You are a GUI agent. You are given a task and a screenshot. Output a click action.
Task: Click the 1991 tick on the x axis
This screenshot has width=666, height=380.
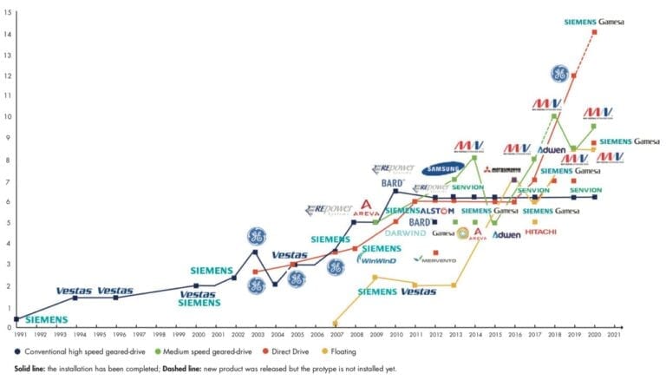click(x=16, y=334)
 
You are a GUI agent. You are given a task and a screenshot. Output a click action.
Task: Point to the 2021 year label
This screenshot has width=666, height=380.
click(x=614, y=334)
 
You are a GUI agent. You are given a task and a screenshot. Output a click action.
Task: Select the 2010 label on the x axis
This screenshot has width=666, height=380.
click(x=395, y=334)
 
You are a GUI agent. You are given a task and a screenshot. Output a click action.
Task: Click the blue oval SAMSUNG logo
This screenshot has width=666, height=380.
click(x=442, y=169)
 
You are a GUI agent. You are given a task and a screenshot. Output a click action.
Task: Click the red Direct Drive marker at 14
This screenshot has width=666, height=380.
click(x=594, y=32)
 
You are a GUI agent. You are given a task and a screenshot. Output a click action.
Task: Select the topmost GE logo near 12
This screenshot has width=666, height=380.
click(x=559, y=73)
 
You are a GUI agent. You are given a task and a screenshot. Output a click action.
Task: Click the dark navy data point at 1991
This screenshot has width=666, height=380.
click(x=16, y=318)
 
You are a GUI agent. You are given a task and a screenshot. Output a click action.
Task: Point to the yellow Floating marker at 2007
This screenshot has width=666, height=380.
click(x=336, y=324)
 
